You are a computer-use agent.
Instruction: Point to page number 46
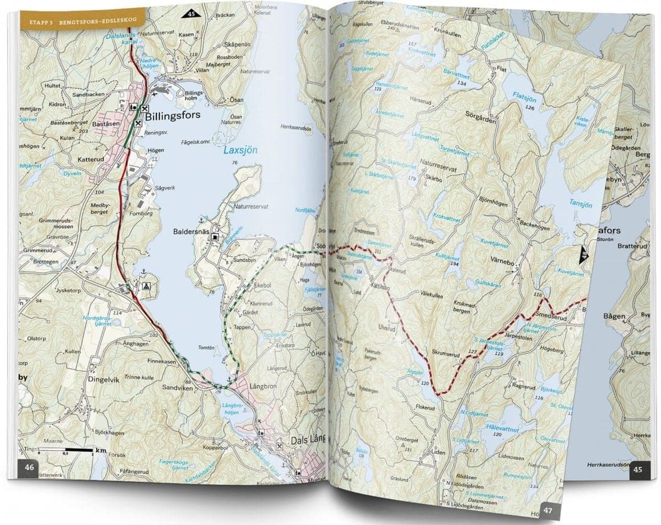click(29, 467)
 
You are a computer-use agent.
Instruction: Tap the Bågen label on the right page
click(614, 316)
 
